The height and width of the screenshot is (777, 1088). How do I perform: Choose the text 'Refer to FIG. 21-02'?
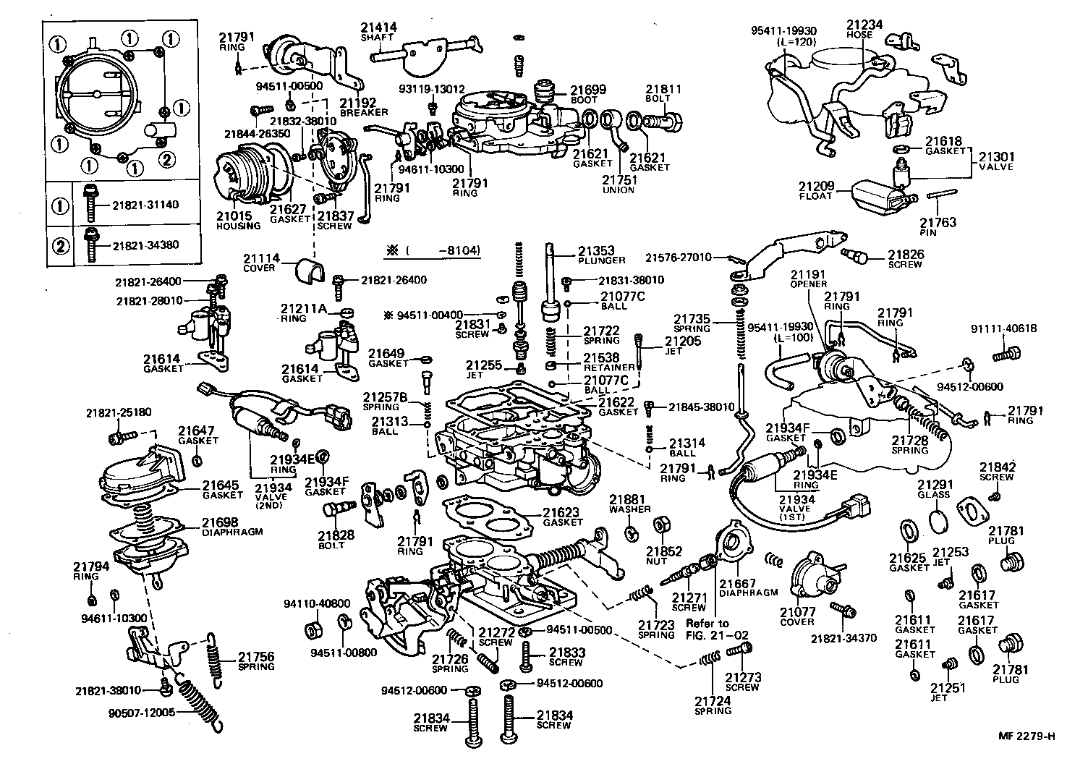(707, 629)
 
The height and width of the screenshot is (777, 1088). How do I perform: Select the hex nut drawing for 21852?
(660, 524)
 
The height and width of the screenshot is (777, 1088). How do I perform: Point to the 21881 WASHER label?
(629, 504)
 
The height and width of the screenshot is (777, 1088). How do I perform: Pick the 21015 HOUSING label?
(238, 221)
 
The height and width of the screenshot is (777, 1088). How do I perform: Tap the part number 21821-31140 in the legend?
(145, 205)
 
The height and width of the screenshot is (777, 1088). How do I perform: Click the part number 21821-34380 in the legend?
(145, 245)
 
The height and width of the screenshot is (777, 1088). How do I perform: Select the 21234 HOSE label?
(864, 28)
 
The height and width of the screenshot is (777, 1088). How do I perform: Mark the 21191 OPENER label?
(807, 279)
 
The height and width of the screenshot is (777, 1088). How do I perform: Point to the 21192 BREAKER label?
(363, 107)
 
